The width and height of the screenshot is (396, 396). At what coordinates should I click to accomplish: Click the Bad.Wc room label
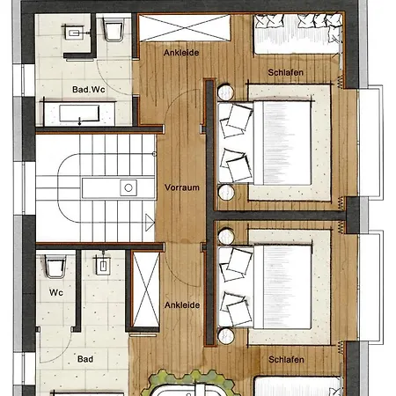pos(89,89)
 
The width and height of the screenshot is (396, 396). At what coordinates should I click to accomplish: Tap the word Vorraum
pos(182,187)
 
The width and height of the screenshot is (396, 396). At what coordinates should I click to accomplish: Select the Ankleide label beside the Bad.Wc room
pos(181,53)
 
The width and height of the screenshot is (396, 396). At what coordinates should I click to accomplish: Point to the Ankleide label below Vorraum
pos(182,305)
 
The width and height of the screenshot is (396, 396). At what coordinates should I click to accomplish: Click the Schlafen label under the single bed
pos(285,72)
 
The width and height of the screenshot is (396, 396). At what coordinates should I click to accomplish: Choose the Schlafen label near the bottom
pos(286,359)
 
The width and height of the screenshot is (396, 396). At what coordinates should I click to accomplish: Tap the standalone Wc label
pos(56,292)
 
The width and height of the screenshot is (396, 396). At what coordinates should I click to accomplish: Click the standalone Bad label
pos(85,359)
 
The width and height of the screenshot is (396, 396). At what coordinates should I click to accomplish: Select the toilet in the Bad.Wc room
pos(113,29)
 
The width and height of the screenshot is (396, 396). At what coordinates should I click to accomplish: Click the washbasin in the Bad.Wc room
pos(74,33)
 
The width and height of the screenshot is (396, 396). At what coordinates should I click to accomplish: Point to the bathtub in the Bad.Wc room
pos(79,114)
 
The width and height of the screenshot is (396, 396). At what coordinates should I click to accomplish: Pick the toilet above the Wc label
pos(55,266)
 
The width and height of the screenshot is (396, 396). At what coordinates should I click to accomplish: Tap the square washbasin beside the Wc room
pos(103,266)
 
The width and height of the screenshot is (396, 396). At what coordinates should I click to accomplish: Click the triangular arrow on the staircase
pos(150,223)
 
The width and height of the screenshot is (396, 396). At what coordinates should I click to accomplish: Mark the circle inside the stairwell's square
pos(128,187)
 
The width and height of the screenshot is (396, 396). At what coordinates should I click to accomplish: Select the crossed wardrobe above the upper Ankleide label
pos(185,28)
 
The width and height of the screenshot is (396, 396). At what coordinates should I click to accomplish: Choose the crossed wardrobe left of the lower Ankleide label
pos(146,290)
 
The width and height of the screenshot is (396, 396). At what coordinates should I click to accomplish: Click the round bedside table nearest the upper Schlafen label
pos(226,92)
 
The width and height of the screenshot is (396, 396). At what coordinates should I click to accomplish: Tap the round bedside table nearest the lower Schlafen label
pos(226,336)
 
